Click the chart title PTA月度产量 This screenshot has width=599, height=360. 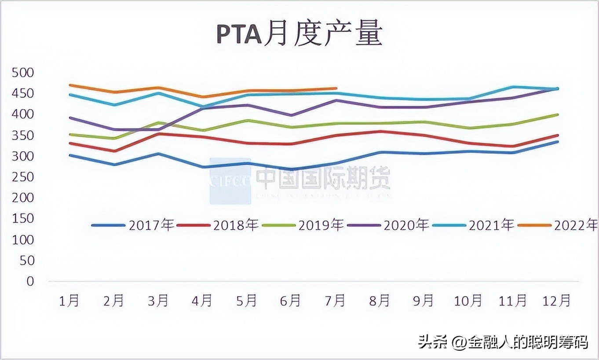point(299,34)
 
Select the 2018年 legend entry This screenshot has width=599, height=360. point(218,225)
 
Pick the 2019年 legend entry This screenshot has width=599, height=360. point(303,225)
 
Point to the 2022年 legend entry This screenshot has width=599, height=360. point(559,225)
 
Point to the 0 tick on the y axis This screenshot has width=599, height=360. point(30,281)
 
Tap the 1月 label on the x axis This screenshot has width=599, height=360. point(69,301)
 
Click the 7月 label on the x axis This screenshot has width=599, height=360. point(335,301)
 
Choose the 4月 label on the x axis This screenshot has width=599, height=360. point(202,301)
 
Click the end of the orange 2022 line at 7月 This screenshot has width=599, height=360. point(336,88)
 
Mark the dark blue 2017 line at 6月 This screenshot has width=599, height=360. point(292,169)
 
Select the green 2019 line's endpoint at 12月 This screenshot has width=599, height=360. point(557,115)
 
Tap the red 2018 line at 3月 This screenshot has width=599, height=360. point(159,134)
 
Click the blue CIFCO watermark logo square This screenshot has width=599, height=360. point(230,181)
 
